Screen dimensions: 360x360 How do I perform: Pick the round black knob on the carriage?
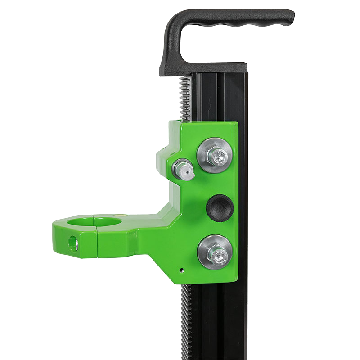(219, 207)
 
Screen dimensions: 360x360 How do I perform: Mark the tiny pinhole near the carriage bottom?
(181, 271)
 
